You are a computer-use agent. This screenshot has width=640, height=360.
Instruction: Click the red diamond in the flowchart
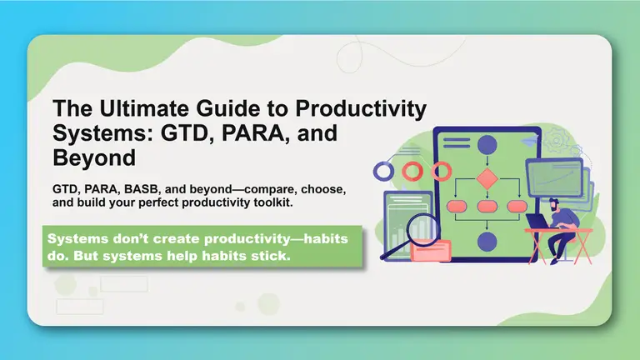(x=487, y=178)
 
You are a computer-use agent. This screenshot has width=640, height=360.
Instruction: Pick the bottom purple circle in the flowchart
(x=487, y=242)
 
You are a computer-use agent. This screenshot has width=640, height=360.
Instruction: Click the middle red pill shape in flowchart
(x=487, y=206)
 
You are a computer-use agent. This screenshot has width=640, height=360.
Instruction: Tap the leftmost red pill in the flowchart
(x=456, y=206)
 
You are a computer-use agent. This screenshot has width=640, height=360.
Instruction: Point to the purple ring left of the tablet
(x=383, y=172)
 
